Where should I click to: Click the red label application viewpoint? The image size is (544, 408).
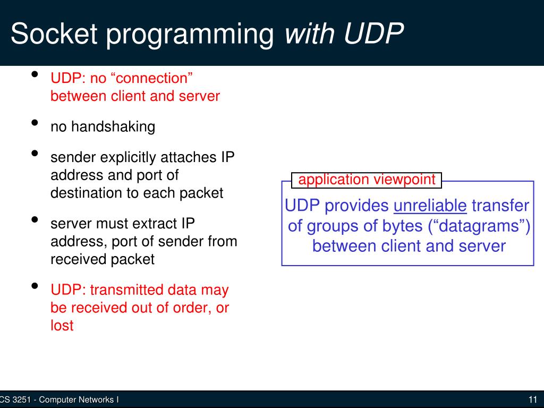(367, 180)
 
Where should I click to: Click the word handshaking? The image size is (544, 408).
(113, 127)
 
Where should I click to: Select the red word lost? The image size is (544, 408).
(62, 325)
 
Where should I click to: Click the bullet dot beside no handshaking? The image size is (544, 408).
(35, 123)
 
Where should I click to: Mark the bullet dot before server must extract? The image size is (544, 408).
(35, 220)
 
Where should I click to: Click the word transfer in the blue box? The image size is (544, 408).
(500, 206)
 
